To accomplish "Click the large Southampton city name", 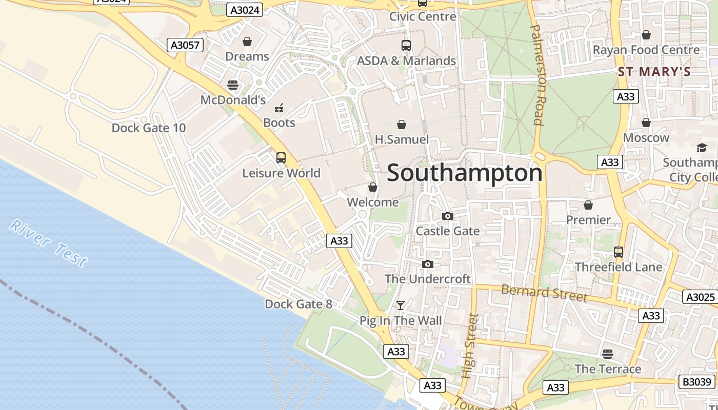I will [464, 173].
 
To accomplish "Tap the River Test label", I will [49, 243].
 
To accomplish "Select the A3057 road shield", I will [185, 45].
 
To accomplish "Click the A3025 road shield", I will [700, 297].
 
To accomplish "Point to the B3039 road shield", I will [697, 382].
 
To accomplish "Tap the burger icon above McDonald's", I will [233, 85].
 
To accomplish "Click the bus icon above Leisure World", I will [281, 158].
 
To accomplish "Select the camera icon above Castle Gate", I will [448, 216].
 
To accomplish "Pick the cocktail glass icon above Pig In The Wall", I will [401, 305].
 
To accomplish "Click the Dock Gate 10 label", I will [149, 128].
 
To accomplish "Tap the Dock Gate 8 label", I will [298, 304].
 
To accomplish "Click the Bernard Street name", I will [544, 293].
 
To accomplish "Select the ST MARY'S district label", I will [654, 72].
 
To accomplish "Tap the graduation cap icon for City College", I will [701, 148].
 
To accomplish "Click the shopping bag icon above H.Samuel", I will [402, 125].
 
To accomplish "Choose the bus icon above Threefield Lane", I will [619, 252].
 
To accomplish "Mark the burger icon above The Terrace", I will [608, 354].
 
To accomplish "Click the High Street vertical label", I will [469, 345].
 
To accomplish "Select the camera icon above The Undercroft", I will [428, 264].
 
